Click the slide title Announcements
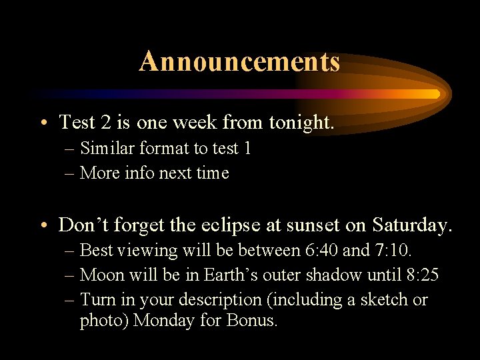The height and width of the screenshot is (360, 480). [x=239, y=62]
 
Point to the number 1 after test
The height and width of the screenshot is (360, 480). [x=247, y=148]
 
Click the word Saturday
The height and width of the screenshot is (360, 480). [x=411, y=225]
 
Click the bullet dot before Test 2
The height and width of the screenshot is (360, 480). [x=43, y=123]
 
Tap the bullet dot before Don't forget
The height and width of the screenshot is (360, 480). [x=43, y=226]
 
